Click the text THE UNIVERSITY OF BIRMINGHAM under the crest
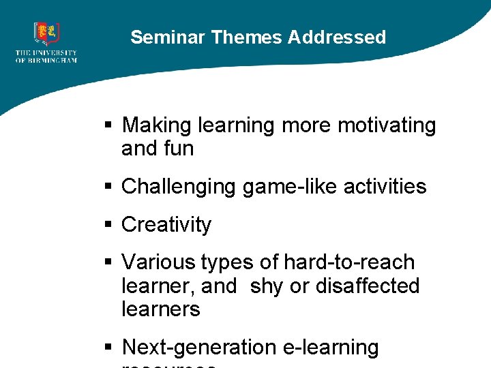coord(46,57)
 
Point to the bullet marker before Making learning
coord(107,126)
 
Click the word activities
coord(387,187)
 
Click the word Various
coord(159,262)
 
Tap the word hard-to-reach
coord(349,262)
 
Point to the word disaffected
coord(368,286)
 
